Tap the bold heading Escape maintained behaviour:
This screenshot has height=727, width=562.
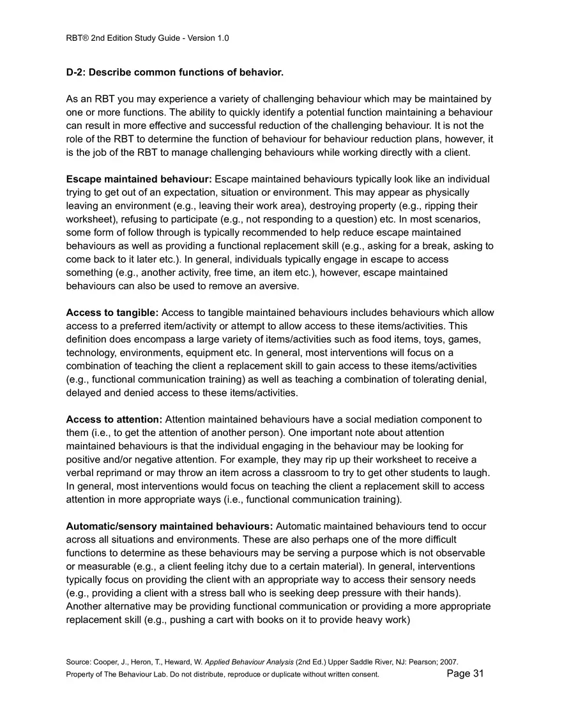139,179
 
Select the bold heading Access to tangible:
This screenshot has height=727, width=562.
112,313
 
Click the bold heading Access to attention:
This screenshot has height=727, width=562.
114,419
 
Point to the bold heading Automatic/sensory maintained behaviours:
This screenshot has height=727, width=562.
169,526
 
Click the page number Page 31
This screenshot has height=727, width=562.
465,674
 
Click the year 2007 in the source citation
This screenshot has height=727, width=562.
450,662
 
